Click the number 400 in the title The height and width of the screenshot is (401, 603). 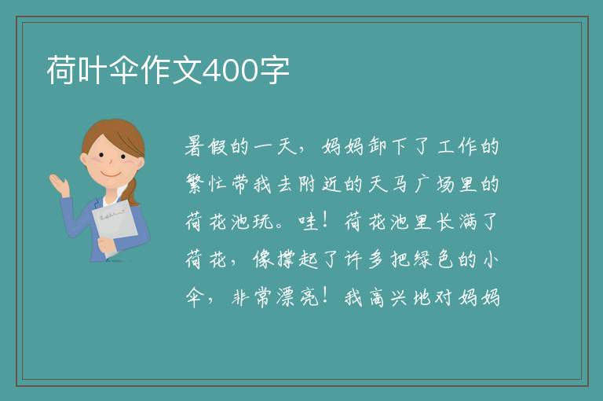tap(229, 71)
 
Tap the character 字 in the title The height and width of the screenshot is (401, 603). tap(274, 70)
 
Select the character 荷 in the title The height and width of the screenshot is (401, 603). tap(61, 70)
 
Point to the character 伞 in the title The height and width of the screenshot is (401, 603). tap(124, 70)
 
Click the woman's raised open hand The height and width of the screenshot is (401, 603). tap(60, 185)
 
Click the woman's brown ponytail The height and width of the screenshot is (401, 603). tap(133, 193)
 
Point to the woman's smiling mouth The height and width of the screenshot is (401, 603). tap(111, 174)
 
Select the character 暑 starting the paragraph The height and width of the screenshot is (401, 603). tap(194, 147)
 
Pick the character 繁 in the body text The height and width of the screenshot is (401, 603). tap(195, 184)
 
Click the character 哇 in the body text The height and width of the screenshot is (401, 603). tap(309, 222)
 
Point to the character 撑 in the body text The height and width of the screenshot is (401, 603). tap(286, 259)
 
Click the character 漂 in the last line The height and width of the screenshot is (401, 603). tap(286, 297)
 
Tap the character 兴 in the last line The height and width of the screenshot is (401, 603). tap(400, 297)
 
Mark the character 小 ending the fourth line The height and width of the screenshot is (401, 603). tap(491, 259)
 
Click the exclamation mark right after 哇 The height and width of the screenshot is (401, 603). tap(325, 221)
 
